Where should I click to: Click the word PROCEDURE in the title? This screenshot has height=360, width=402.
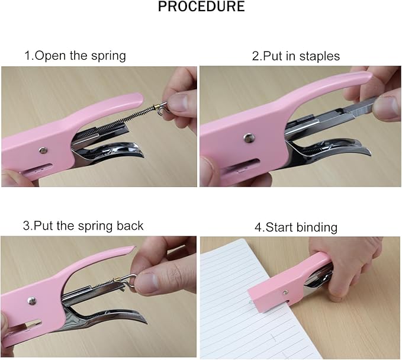(201, 8)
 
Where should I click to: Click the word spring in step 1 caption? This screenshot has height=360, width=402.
(109, 57)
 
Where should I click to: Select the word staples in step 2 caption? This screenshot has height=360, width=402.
(320, 57)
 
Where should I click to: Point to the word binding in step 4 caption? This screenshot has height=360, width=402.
(317, 227)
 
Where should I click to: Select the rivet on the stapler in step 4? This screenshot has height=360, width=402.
(286, 291)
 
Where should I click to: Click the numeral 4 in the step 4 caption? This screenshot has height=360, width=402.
(258, 227)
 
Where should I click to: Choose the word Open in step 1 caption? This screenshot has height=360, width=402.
(47, 57)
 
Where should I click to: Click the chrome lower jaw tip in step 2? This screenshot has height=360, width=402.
(364, 152)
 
